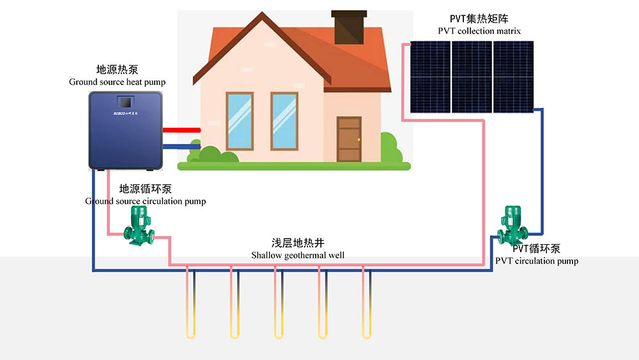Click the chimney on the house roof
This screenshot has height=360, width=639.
tap(350, 27)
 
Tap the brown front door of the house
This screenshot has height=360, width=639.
tap(350, 139)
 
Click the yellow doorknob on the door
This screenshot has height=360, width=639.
tap(358, 140)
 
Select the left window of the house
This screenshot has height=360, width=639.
tap(240, 121)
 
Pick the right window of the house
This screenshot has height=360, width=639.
tap(284, 121)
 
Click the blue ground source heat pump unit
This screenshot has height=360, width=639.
tap(125, 130)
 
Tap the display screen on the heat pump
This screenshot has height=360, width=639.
tap(125, 102)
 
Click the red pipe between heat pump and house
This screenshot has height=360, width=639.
tap(181, 130)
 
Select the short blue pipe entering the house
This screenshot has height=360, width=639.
tap(181, 147)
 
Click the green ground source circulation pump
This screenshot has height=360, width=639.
tap(139, 226)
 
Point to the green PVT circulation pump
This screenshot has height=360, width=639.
tap(512, 225)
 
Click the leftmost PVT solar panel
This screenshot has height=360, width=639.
tap(430, 77)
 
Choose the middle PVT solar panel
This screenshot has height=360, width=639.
tap(472, 77)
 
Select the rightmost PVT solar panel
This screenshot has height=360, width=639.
tap(514, 77)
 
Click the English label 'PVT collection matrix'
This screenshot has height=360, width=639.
tap(479, 31)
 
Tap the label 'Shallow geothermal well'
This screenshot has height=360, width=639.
tap(298, 256)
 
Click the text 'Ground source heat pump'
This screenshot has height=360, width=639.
tap(118, 82)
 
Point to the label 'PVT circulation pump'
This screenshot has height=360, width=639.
tap(537, 261)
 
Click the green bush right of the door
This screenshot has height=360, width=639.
tap(392, 149)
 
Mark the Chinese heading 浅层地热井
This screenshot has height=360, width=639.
tap(298, 243)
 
